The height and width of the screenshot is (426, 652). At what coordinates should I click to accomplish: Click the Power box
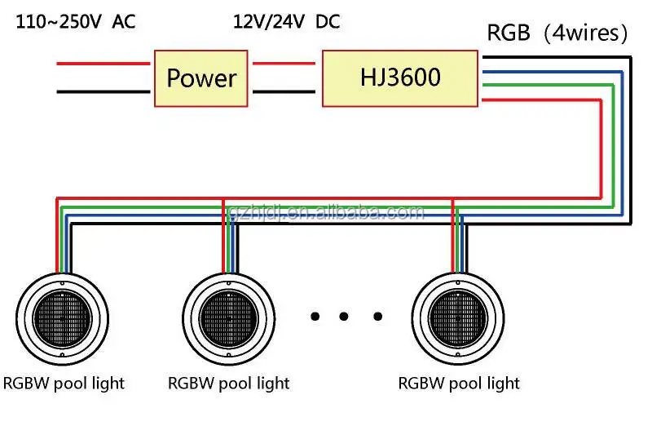201,78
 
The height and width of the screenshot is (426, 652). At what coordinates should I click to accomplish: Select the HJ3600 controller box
400,78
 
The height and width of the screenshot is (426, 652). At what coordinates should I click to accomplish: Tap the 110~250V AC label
76,21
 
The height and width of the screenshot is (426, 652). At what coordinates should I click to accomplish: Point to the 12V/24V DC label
287,21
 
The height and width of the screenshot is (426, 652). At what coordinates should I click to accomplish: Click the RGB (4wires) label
557,33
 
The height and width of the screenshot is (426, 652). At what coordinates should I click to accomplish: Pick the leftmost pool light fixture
63,319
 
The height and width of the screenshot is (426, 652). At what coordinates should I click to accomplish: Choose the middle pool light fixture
229,319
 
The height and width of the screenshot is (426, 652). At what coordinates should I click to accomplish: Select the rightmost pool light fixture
458,319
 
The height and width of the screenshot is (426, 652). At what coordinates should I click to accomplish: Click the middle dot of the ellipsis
343,317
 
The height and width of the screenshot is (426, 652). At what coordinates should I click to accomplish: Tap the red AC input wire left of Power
104,64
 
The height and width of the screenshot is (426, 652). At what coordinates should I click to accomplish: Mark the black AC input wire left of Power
104,91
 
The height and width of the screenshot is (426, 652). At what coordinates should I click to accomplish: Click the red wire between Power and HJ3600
284,64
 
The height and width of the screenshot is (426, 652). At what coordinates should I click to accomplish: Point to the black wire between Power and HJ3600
284,91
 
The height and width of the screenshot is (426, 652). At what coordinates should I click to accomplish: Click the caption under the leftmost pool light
64,384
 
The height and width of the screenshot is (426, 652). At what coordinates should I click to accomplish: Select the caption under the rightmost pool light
459,384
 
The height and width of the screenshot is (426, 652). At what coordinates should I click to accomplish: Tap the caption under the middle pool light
229,384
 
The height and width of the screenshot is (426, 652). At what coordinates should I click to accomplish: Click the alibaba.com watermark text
327,213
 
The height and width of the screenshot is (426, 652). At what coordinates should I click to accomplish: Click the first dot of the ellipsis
315,317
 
